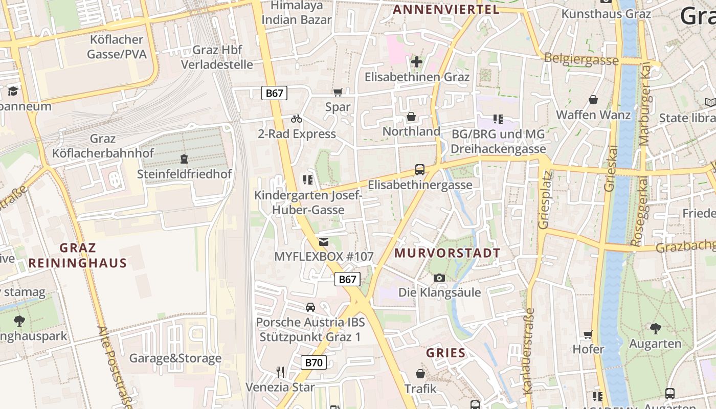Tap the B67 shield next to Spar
click(x=275, y=93)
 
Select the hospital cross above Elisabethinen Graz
click(x=417, y=62)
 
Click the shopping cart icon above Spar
click(x=338, y=92)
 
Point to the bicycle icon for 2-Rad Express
click(x=297, y=119)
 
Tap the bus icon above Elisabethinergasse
click(x=420, y=170)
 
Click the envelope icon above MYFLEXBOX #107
click(x=324, y=241)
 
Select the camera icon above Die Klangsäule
click(x=439, y=278)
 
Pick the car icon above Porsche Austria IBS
click(x=310, y=307)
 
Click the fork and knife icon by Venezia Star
click(x=280, y=372)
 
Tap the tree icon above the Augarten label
click(x=655, y=328)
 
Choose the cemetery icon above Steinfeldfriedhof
click(x=184, y=158)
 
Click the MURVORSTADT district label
click(x=447, y=253)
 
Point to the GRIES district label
click(x=446, y=353)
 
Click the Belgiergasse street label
click(x=581, y=59)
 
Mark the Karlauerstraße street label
click(x=529, y=351)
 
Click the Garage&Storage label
click(x=175, y=358)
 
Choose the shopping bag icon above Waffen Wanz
click(x=593, y=99)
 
